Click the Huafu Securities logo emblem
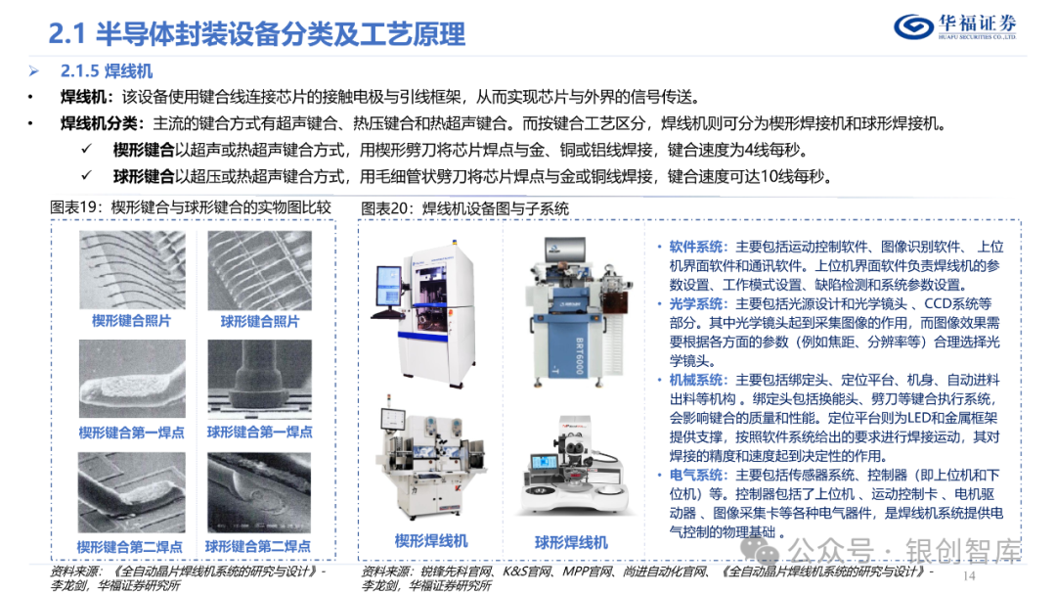[917, 26]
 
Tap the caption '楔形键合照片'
[130, 321]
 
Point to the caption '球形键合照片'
[259, 321]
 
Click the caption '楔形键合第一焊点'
[131, 432]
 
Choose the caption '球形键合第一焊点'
[259, 432]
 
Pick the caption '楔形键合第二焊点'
[130, 546]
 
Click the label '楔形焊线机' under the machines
[431, 540]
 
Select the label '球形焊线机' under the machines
[571, 541]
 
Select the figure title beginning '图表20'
[464, 207]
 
